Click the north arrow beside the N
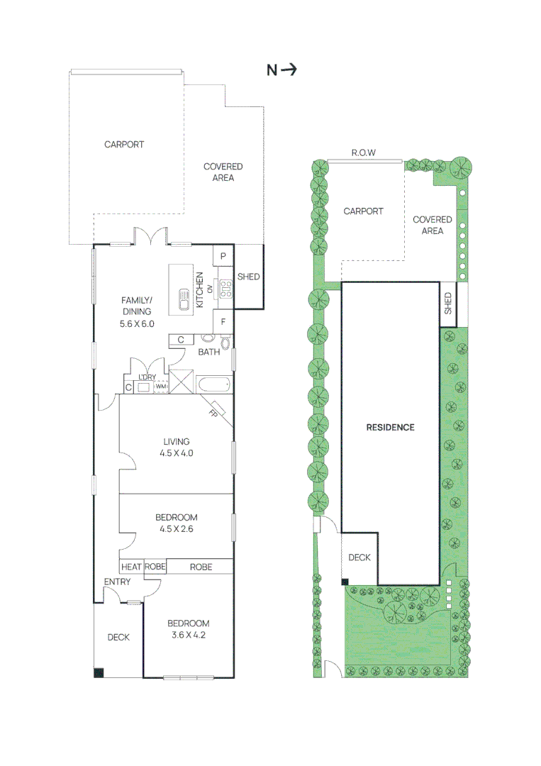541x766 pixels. coord(289,70)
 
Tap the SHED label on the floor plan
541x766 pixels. coord(248,277)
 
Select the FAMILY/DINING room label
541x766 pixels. coord(138,311)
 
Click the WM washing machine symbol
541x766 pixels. coord(161,387)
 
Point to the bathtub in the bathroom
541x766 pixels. coord(213,387)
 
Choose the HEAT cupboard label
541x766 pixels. coord(131,567)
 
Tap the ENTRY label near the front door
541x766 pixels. coord(117,582)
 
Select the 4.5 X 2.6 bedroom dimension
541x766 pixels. coord(177,528)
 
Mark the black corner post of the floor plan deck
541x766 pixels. coord(98,672)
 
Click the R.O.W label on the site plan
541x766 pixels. coord(363,152)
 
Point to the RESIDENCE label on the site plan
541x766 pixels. coord(390,427)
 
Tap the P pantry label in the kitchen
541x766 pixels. coord(223,256)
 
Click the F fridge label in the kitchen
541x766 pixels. coord(223,321)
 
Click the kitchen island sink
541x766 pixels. coord(182,301)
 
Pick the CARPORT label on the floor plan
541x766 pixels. coord(124,144)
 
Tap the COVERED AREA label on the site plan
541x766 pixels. coord(433,225)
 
